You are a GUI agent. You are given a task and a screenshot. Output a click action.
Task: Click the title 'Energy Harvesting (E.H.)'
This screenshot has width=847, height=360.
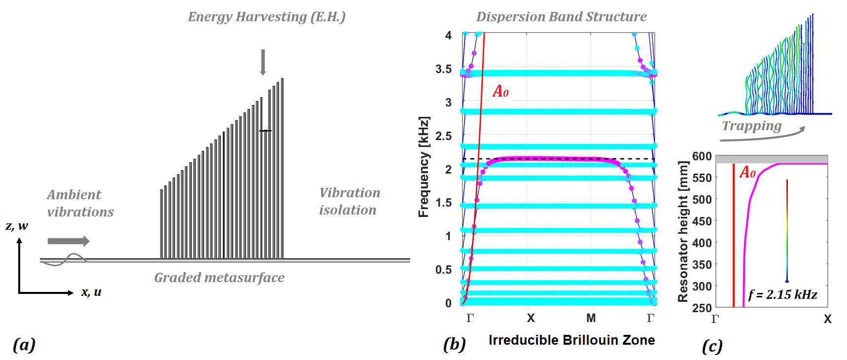(x=266, y=17)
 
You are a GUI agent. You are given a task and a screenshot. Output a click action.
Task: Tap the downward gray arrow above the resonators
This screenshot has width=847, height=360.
(x=263, y=62)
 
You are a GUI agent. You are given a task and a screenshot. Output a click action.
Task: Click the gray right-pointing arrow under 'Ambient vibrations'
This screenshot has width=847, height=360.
(x=69, y=241)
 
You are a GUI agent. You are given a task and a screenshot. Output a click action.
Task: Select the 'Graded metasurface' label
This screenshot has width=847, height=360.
(x=219, y=278)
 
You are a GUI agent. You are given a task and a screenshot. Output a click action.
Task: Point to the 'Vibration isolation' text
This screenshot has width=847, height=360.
(x=350, y=201)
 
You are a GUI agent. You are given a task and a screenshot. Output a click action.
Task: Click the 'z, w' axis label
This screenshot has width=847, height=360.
(x=17, y=226)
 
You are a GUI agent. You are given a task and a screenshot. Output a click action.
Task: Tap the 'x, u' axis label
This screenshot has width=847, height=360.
(x=91, y=292)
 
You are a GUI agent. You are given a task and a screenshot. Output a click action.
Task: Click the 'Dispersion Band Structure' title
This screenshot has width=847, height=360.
(x=561, y=17)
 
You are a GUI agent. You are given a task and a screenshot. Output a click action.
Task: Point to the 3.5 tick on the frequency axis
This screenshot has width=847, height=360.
(x=443, y=69)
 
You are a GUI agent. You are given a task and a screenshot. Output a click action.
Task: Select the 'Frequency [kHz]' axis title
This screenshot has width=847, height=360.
(x=423, y=167)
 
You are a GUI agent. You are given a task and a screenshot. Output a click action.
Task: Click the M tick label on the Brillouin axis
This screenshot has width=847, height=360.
(x=591, y=318)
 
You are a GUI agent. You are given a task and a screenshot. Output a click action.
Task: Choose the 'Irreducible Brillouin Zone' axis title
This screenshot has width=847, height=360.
(x=571, y=340)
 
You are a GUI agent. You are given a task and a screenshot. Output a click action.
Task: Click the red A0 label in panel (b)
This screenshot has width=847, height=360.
(x=500, y=91)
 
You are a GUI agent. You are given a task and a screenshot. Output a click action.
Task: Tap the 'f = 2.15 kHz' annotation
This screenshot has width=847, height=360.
(x=782, y=295)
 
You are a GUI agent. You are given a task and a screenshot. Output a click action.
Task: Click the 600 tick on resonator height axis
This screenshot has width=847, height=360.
(x=702, y=156)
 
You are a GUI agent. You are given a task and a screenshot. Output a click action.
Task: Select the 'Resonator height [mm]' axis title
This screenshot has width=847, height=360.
(x=682, y=231)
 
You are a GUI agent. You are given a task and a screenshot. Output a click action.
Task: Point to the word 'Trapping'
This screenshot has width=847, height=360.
(x=751, y=126)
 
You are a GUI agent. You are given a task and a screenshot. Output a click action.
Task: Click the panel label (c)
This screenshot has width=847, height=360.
(x=712, y=346)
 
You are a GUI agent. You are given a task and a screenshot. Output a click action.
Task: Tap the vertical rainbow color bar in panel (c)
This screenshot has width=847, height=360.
(x=787, y=231)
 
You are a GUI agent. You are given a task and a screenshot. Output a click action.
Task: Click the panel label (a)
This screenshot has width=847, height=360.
(x=24, y=344)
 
